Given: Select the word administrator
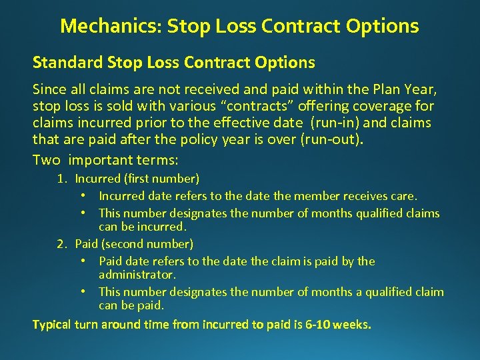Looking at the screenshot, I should pyautogui.click(x=137, y=274).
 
